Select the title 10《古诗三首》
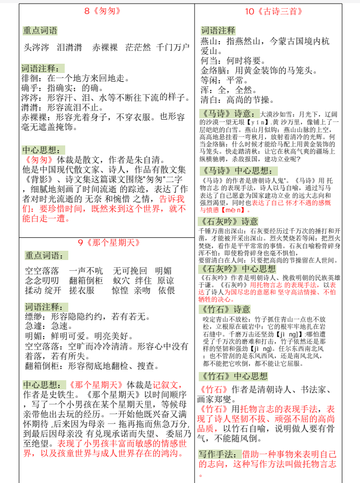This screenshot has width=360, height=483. click(273, 11)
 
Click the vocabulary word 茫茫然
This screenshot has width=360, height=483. click(138, 48)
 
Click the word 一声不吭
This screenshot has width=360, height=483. click(86, 271)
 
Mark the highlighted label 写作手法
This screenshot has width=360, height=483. click(217, 454)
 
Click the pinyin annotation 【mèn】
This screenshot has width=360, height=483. click(237, 210)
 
